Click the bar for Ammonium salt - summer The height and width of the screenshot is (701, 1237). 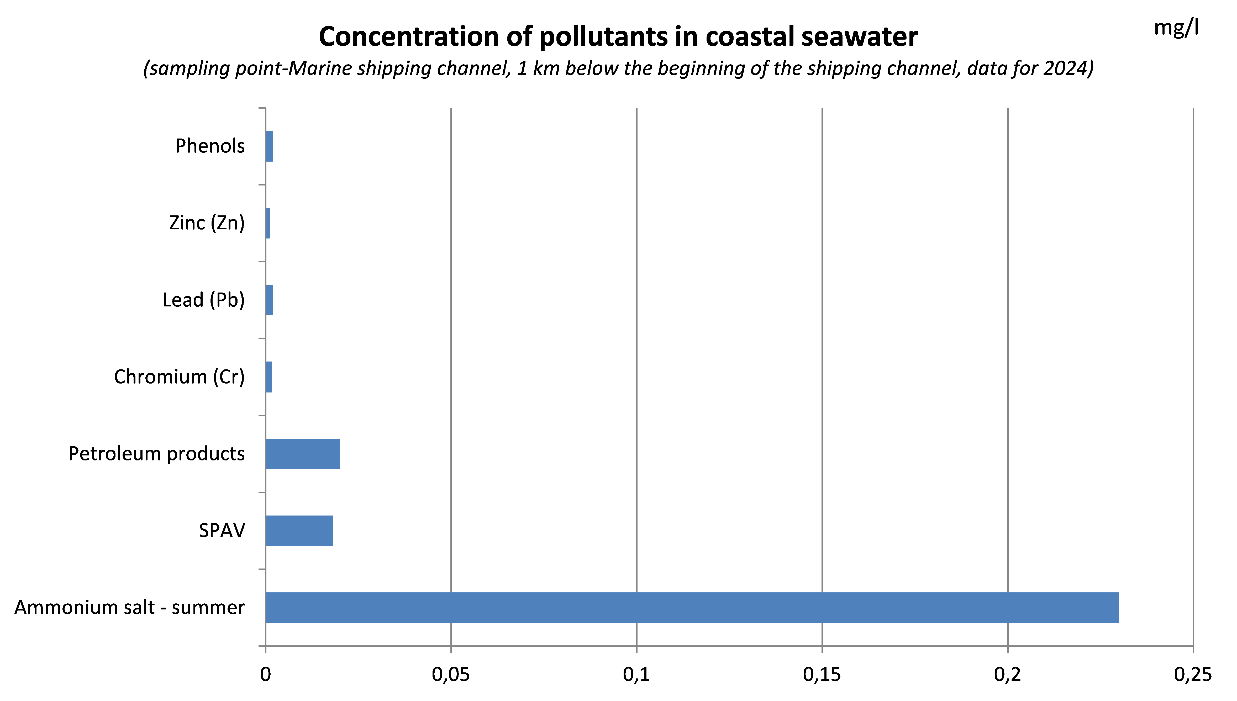(692, 608)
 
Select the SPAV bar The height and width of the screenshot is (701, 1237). (299, 530)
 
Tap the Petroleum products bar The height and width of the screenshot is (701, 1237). (302, 454)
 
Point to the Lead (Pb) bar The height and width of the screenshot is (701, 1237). (270, 300)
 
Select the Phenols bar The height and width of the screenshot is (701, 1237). (269, 146)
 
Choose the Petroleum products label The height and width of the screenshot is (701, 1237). (156, 454)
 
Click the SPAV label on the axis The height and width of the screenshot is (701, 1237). (222, 530)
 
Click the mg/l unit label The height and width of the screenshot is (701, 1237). (1176, 28)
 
